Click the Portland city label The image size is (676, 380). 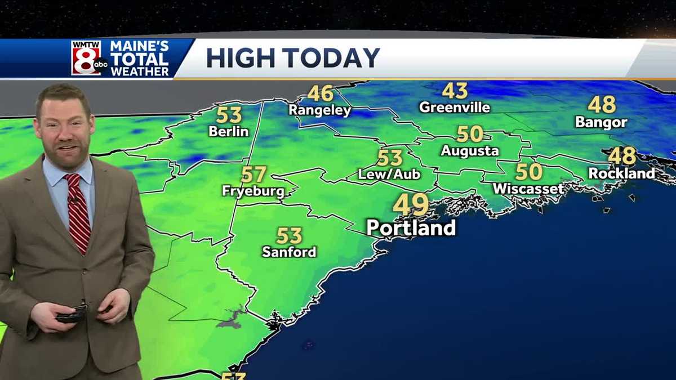411,228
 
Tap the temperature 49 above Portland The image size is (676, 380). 411,204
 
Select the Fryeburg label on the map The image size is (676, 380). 253,191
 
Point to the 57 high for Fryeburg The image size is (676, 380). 253,175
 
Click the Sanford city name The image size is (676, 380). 289,252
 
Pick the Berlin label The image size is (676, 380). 228,132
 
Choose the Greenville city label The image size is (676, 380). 455,107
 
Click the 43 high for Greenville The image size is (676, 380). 455,91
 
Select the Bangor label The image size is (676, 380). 601,122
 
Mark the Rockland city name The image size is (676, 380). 622,173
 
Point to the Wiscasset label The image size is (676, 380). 528,189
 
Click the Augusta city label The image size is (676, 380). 470,151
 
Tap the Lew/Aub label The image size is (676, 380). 390,175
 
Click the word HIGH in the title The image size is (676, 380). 241,58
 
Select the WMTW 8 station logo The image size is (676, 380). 88,57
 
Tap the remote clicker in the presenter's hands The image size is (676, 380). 72,314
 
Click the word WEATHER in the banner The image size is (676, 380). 139,71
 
